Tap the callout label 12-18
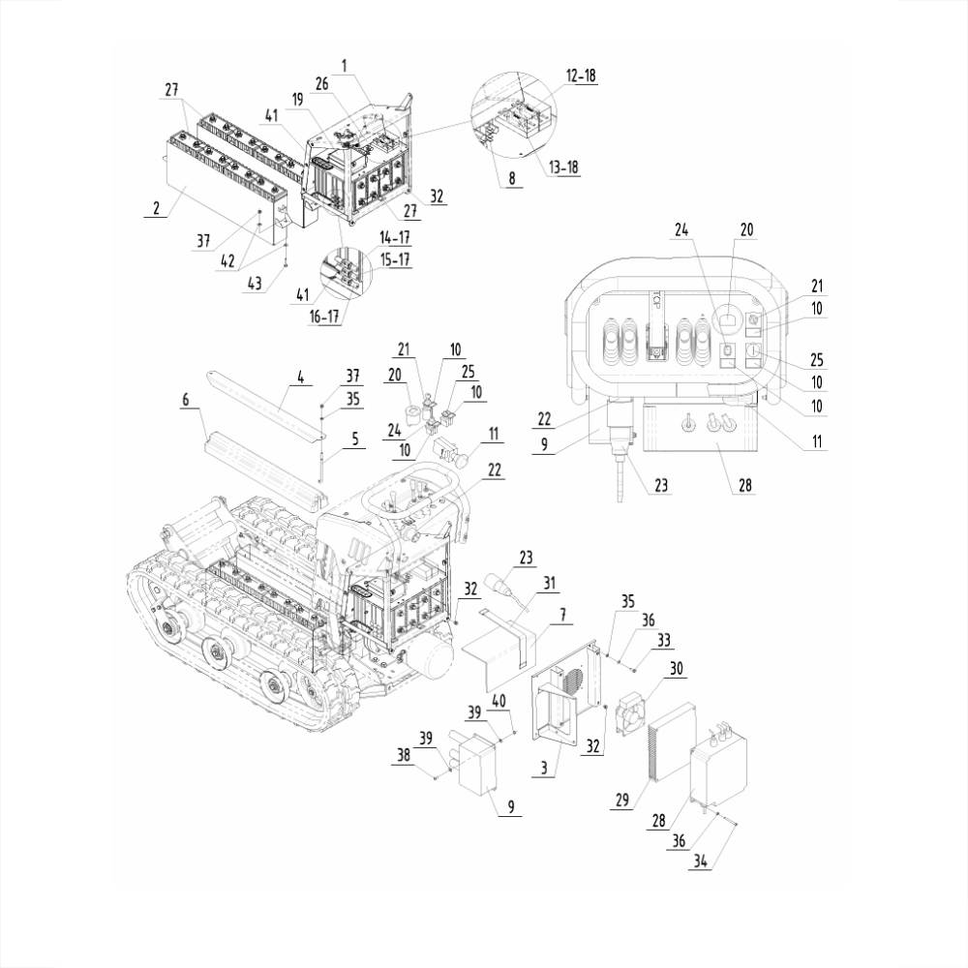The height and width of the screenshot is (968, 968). (581, 76)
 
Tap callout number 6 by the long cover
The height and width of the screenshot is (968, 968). (186, 398)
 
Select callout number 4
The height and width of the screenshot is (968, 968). (301, 378)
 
